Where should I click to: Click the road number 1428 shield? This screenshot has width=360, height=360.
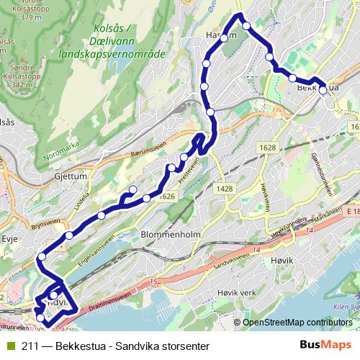224,188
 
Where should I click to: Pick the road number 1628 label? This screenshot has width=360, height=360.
268,148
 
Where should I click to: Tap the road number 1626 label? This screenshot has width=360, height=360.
168,197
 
